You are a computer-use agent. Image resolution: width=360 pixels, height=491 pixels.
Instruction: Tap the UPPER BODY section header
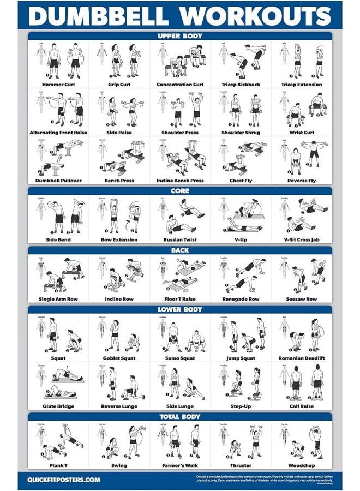coord(180,36)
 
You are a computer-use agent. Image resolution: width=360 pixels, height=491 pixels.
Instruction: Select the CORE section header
coord(180,191)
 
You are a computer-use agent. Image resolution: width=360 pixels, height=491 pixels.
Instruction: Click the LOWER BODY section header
coord(180,309)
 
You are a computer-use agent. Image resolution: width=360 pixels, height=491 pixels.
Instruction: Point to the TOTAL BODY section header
coord(180,417)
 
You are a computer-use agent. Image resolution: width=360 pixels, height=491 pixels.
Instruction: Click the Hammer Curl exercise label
coord(58,85)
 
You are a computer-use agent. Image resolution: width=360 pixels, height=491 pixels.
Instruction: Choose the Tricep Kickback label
coord(241,85)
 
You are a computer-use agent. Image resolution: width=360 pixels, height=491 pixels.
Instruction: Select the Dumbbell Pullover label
coord(58,181)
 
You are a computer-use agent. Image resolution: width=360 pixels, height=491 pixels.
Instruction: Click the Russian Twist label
coord(179,239)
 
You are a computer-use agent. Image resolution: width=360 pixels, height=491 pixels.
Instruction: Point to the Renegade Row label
coord(241,299)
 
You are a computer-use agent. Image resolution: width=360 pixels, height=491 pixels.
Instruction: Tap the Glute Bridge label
coord(58,406)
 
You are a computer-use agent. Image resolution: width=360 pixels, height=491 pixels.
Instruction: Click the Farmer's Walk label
coord(179,465)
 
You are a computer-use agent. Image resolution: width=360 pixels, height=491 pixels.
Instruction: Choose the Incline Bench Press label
coord(179,181)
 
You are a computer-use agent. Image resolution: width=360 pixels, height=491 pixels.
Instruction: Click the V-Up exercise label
coord(241,239)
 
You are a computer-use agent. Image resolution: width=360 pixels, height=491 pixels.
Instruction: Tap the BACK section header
coord(180,250)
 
